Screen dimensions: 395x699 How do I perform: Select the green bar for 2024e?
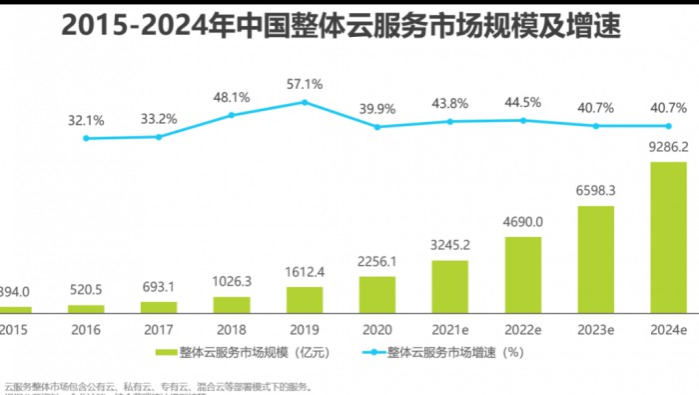point(668,238)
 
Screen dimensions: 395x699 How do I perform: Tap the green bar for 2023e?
point(596,260)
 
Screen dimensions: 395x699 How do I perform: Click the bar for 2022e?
point(522,275)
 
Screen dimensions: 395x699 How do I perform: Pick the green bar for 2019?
point(305,300)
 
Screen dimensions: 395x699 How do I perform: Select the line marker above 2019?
point(305,102)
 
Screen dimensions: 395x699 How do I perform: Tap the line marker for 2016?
point(86,138)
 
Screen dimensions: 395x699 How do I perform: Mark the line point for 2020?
point(377,127)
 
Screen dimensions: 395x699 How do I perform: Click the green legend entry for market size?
point(250,353)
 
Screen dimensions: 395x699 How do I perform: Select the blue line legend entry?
point(439,353)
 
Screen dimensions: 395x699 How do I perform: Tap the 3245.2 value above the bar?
point(450,243)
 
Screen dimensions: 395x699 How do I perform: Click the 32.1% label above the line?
point(86,120)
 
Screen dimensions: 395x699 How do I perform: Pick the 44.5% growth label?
point(522,102)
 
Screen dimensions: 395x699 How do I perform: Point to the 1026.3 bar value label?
point(231,283)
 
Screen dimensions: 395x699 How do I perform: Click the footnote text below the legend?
point(160,386)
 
